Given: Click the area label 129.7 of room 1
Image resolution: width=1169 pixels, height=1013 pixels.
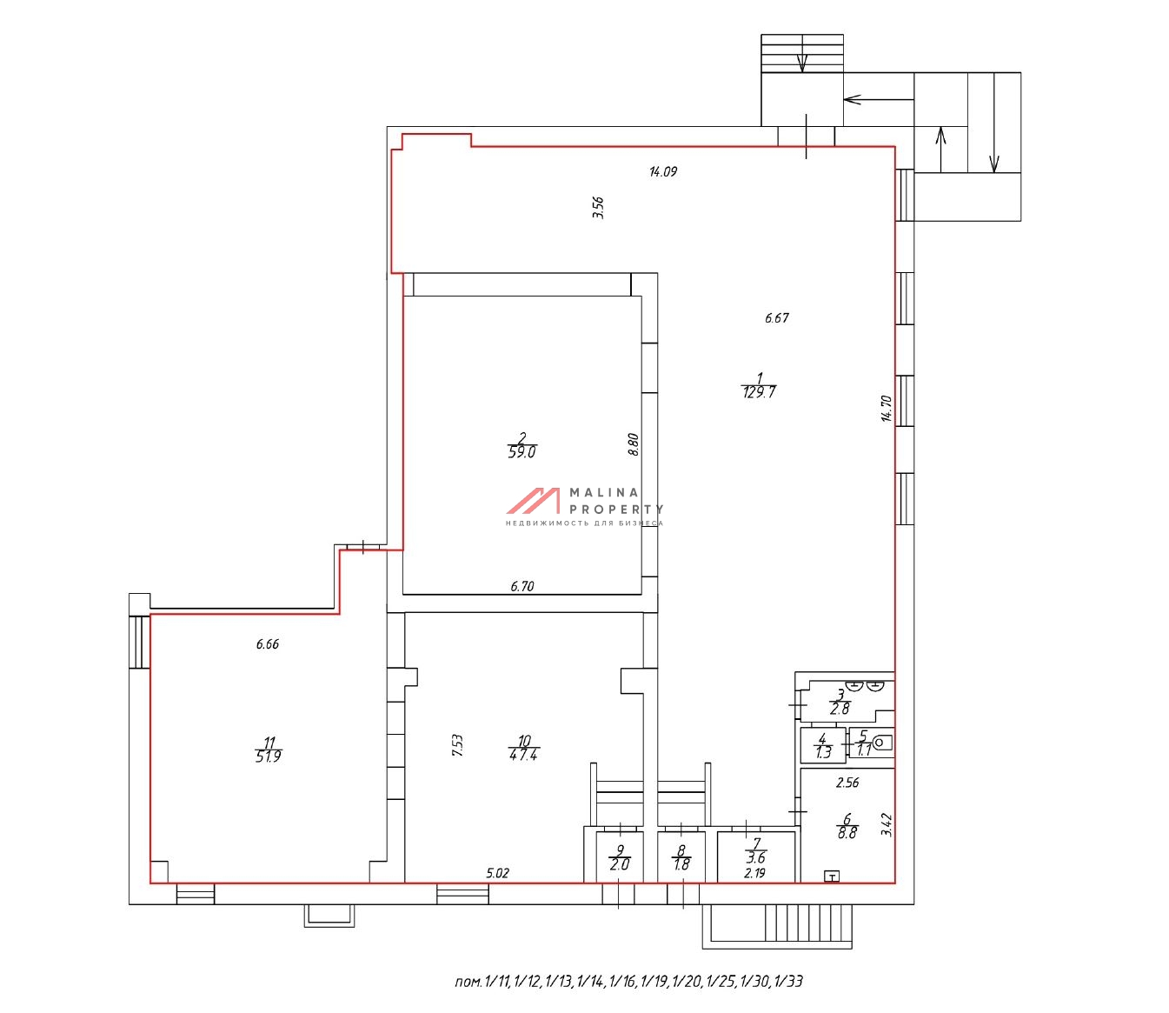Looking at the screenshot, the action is pos(759,392).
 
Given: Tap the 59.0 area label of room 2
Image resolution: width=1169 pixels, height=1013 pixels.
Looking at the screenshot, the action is pos(521,452).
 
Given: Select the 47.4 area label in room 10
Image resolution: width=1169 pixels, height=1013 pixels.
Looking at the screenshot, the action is pos(524,755).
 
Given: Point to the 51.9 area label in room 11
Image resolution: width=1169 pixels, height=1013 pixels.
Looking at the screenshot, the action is pos(268,756).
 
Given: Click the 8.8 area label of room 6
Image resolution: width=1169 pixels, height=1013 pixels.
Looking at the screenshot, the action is pos(847,833).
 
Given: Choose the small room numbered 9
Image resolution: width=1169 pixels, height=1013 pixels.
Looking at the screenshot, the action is pos(620,857).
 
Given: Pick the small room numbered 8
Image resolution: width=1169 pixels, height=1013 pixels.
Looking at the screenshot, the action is pos(681,857).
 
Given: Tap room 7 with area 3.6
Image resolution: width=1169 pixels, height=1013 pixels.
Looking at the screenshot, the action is pos(756,856).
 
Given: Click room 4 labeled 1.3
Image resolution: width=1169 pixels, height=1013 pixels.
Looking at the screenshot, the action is pos(823,745).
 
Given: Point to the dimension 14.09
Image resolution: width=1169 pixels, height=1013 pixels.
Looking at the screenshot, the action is pos(663,171).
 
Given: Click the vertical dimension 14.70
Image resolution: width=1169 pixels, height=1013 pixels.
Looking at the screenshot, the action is pos(886,408).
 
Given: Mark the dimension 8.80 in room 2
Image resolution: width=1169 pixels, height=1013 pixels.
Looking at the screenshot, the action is pos(633,445).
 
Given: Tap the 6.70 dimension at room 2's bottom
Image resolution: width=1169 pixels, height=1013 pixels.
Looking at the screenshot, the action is pos(522,586).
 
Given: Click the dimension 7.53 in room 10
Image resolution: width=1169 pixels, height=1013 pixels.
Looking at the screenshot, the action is pos(457,745).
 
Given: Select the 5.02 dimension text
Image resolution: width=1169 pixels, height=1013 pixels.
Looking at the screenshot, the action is pos(498,873).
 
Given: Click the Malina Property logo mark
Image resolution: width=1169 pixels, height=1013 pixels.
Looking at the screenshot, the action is pos(533,501).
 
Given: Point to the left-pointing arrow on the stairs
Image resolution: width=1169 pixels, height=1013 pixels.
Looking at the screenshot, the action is pos(879,100).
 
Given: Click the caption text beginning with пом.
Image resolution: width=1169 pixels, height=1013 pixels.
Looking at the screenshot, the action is pos(629,982).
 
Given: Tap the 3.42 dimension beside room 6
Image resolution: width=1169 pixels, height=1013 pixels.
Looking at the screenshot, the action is pos(887,824).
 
